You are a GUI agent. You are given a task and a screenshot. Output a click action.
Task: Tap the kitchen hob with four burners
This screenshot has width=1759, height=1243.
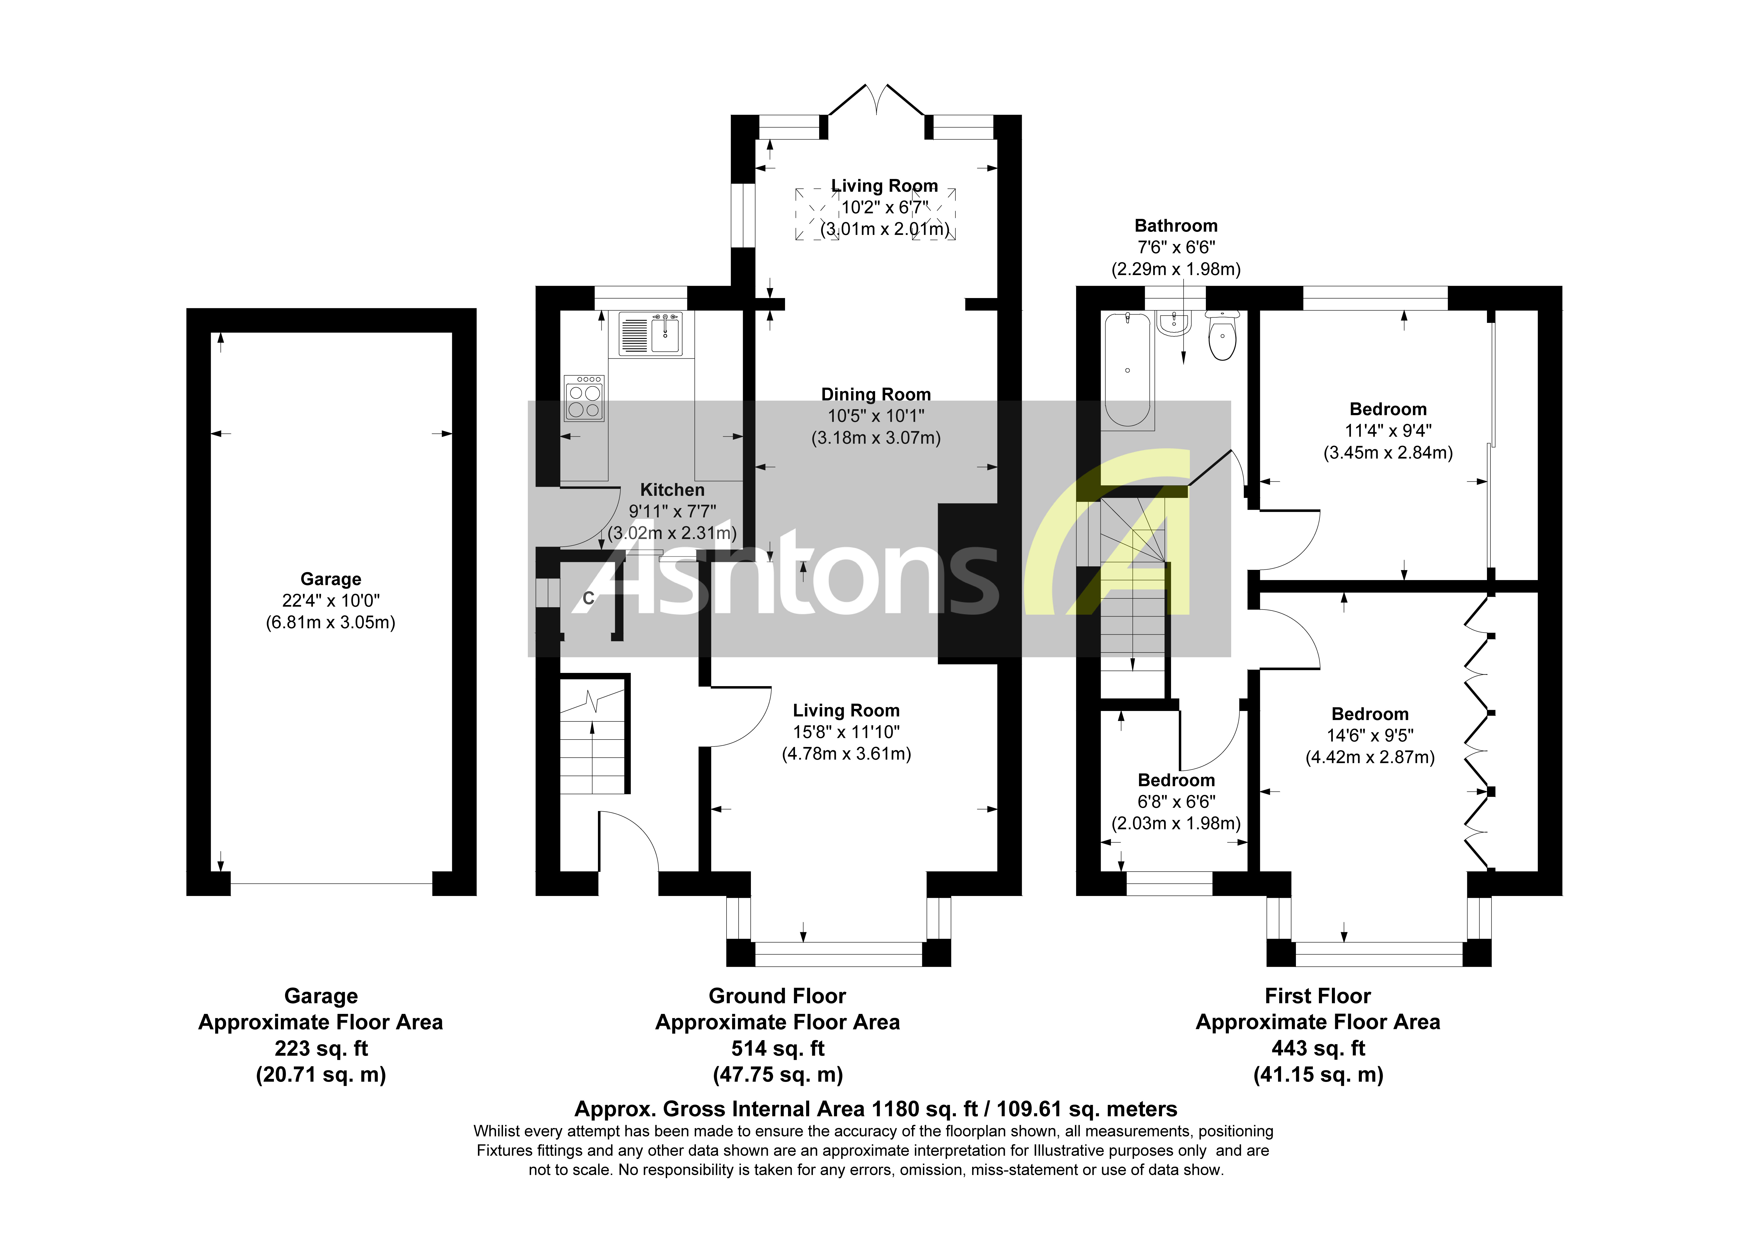point(584,399)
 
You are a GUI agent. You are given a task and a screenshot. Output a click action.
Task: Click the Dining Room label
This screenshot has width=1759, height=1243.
point(876,395)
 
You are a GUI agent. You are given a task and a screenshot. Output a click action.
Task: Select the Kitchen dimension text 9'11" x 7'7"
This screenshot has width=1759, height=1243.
point(672,511)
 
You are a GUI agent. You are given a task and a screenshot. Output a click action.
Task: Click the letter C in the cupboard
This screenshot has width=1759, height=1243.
point(588,598)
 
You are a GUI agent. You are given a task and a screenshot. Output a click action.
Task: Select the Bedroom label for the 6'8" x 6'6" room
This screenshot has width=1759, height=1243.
point(1176,780)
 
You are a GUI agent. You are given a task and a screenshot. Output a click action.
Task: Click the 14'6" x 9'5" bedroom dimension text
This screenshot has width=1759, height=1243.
point(1370,736)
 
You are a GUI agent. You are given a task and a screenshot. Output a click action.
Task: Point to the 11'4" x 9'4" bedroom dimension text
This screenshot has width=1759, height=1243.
point(1387,431)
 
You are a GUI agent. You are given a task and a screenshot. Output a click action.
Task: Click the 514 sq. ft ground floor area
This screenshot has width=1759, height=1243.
point(778,1048)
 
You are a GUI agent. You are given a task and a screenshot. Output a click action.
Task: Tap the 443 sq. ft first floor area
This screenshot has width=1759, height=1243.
point(1318,1048)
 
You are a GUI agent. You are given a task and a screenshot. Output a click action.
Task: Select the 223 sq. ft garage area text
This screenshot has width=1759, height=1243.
point(321,1048)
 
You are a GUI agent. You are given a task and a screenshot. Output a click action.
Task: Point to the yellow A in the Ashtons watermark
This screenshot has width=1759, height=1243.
point(1119,536)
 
